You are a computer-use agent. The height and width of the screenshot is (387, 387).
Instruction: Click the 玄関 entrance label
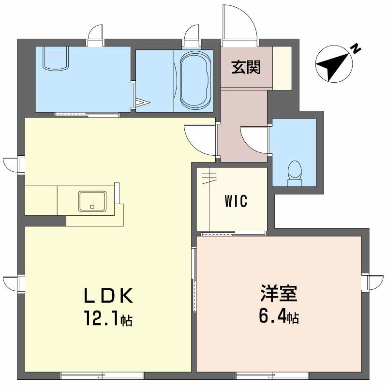point(246,67)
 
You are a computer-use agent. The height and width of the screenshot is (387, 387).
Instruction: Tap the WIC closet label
point(236,201)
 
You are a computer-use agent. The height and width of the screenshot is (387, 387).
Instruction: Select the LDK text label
point(108,296)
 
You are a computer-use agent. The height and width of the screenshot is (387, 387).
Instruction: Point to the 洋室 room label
point(279,294)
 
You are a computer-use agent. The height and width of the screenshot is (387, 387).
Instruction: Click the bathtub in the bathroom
point(195,80)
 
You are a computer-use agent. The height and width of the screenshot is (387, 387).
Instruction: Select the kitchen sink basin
point(92,201)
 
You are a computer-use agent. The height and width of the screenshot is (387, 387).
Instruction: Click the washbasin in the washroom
point(56,58)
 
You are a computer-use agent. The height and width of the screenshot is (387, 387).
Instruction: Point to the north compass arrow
point(334,65)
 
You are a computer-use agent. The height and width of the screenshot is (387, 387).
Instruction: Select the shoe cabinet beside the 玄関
point(282,68)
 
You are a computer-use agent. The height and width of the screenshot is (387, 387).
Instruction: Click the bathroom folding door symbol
point(142,103)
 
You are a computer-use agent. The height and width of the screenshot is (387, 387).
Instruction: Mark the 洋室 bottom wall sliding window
point(272,375)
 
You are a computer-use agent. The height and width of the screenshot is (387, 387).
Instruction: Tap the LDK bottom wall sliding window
point(102,375)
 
